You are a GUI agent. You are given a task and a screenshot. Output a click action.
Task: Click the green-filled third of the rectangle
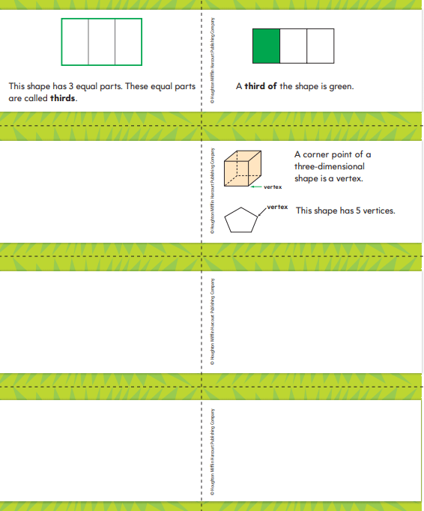pyautogui.click(x=267, y=46)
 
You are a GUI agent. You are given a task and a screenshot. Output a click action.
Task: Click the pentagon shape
pyautogui.click(x=241, y=220)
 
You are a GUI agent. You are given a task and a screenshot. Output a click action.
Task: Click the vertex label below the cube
pyautogui.click(x=273, y=187)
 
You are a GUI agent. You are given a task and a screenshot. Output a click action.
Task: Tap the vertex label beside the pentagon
pyautogui.click(x=277, y=207)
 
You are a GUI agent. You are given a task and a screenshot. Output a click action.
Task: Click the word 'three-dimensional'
pyautogui.click(x=330, y=166)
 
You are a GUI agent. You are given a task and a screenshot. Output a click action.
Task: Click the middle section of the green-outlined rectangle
pyautogui.click(x=102, y=42)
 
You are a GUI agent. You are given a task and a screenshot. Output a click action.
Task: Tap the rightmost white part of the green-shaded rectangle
pyautogui.click(x=321, y=46)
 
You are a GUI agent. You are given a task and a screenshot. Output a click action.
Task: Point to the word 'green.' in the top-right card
pyautogui.click(x=341, y=86)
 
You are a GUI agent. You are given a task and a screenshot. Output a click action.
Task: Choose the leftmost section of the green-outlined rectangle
pyautogui.click(x=75, y=42)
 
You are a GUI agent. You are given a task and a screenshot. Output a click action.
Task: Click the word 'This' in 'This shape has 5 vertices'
pyautogui.click(x=304, y=211)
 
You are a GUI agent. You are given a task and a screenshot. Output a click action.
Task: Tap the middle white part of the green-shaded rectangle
pyautogui.click(x=294, y=46)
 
